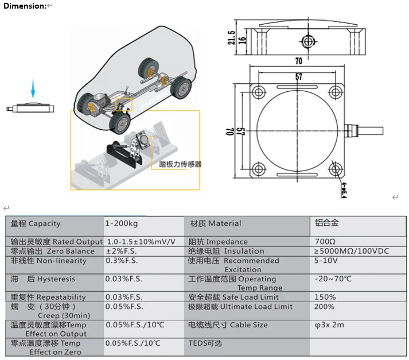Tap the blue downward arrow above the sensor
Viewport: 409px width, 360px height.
(33, 89)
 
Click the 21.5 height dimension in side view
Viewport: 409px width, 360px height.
(232, 38)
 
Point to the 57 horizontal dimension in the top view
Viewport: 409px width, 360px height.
(298, 76)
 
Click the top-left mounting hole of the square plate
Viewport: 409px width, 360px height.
(258, 91)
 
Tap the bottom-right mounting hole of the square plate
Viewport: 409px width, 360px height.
(338, 169)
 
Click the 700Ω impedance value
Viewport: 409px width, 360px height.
(325, 242)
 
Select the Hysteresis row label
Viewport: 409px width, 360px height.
(43, 279)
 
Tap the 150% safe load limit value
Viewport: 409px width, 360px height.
(325, 297)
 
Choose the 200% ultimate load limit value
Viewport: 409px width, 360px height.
(325, 307)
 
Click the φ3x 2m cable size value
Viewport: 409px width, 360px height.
(329, 325)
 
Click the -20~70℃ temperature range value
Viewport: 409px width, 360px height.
(333, 279)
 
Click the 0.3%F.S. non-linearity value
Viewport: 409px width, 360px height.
(121, 261)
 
